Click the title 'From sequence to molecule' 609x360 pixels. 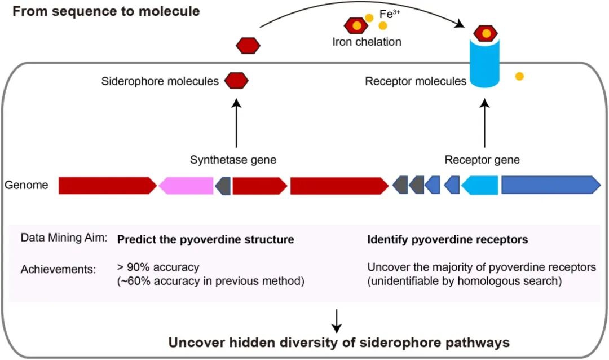[x=106, y=11]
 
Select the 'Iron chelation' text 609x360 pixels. [x=367, y=42]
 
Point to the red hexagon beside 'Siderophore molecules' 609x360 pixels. [x=236, y=81]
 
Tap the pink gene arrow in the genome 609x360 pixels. [x=186, y=185]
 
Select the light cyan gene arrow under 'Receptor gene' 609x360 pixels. [x=480, y=185]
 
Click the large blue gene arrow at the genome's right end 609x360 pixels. [x=550, y=185]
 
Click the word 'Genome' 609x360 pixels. [x=27, y=185]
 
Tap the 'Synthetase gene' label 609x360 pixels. [x=233, y=160]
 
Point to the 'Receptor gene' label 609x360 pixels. [x=482, y=160]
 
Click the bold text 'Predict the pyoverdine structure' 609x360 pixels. [x=205, y=239]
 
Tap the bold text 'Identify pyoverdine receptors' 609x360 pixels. [x=448, y=239]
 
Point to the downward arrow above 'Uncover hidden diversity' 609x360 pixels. [x=337, y=321]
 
